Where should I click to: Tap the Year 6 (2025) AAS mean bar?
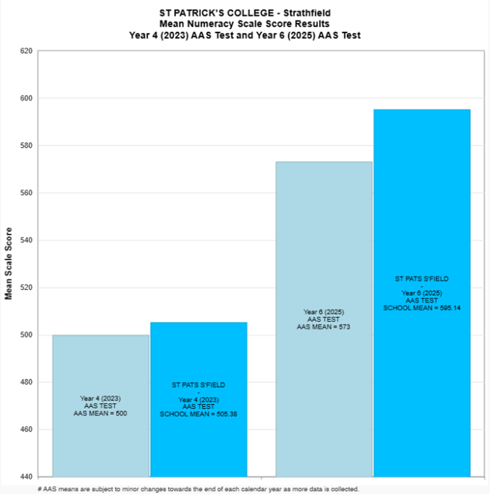click(x=324, y=243)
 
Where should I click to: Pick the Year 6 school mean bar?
click(x=422, y=216)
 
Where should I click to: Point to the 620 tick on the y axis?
click(x=27, y=51)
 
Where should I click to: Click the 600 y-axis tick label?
click(x=27, y=98)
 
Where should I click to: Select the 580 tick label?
click(x=27, y=146)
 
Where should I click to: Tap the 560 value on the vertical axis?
click(x=27, y=193)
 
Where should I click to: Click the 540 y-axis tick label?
click(x=27, y=240)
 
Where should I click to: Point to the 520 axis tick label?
click(x=27, y=288)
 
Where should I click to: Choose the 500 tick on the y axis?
click(x=27, y=335)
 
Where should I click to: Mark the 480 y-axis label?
click(x=27, y=383)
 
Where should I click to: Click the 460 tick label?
click(x=27, y=430)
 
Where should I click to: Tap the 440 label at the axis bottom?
click(x=27, y=477)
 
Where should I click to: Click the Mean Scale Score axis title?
click(x=8, y=264)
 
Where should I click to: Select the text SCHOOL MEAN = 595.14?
click(x=422, y=307)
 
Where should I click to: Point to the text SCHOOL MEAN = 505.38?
click(x=199, y=414)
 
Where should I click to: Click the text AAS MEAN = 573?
click(x=324, y=327)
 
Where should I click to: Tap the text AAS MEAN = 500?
click(x=101, y=413)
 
